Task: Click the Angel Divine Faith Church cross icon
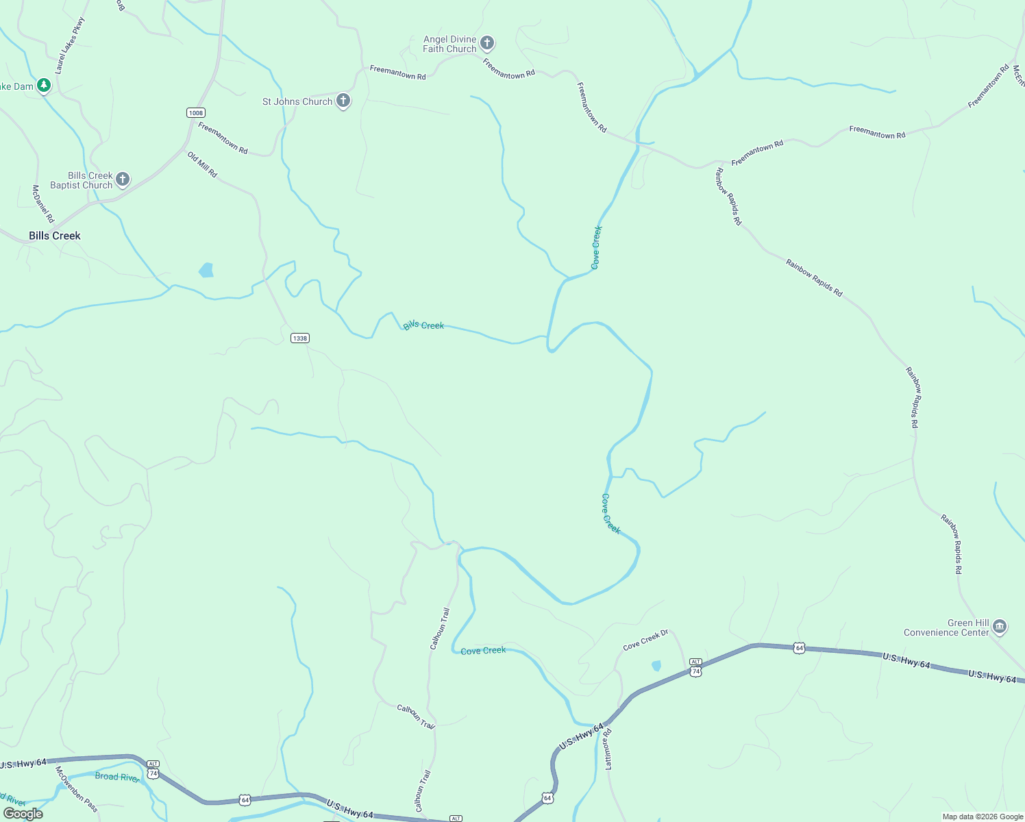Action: click(487, 44)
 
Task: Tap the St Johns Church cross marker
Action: click(343, 101)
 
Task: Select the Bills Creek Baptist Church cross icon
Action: click(123, 179)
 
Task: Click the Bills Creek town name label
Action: click(55, 236)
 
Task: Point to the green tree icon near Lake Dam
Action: click(44, 86)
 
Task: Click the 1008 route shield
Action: click(196, 112)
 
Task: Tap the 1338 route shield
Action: click(299, 338)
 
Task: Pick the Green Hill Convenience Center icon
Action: click(999, 627)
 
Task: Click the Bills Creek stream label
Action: click(423, 325)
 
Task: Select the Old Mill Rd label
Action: click(202, 165)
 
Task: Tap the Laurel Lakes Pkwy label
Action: click(71, 46)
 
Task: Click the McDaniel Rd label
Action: click(42, 203)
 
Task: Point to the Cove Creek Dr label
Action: click(645, 640)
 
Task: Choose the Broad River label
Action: click(117, 777)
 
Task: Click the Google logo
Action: click(23, 813)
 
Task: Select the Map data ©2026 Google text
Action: click(983, 817)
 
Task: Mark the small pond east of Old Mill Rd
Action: click(206, 270)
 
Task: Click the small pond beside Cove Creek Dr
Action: click(656, 665)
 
